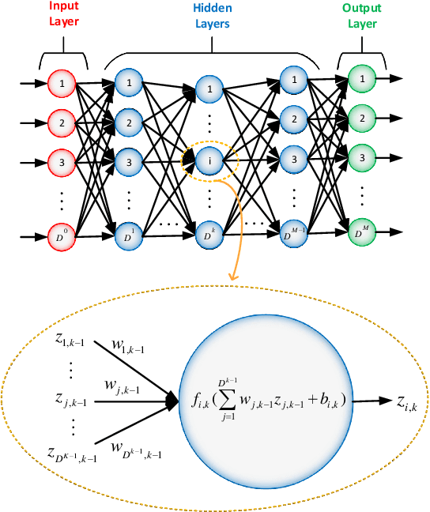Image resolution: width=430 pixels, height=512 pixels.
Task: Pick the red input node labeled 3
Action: coord(61,160)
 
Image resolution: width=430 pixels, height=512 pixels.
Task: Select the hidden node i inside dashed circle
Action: coord(209,160)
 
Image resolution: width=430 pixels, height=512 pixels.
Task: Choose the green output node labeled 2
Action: coord(362,119)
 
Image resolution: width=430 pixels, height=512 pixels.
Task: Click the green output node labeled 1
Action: coord(362,79)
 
